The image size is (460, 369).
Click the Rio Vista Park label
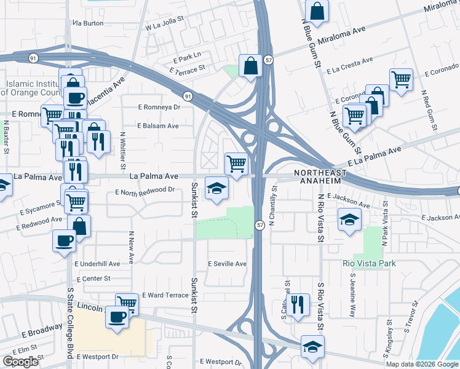368,264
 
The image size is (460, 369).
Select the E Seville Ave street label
227,264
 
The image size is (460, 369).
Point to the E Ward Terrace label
165,295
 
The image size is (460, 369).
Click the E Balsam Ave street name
157,125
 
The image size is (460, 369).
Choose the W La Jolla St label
165,27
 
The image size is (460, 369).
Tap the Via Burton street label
88,23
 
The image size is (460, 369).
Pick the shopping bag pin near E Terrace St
250,66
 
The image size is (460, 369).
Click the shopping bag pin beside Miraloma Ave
317,10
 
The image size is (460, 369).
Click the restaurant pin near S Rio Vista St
298,304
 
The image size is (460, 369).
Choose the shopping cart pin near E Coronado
401,79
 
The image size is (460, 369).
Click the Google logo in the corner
20,362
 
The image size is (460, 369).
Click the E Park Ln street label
188,55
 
